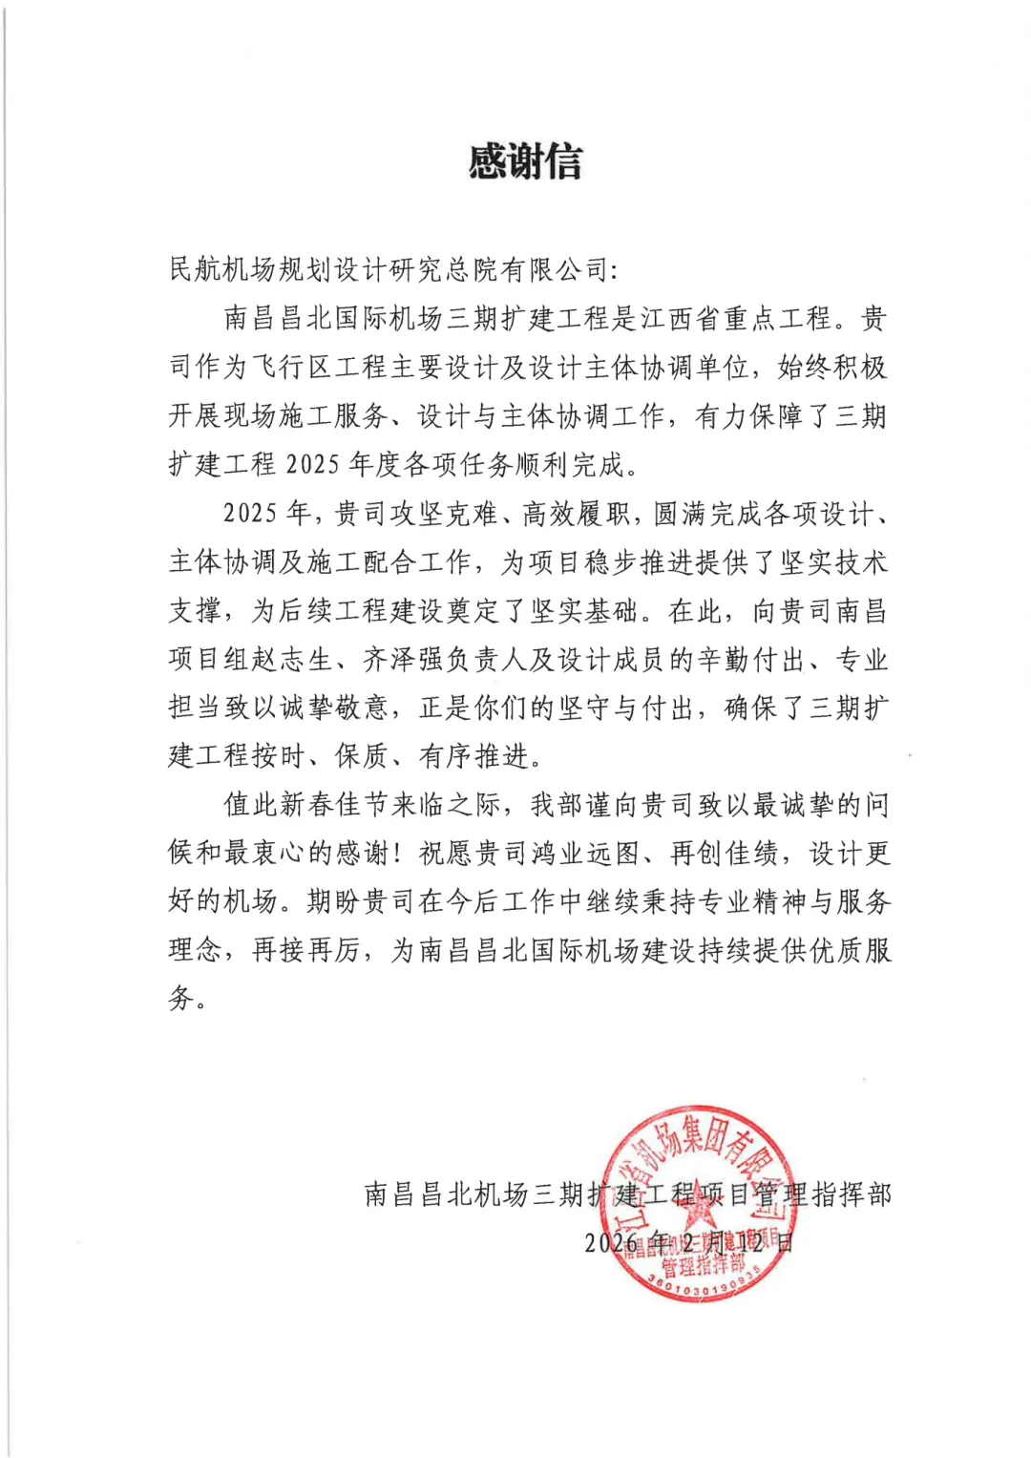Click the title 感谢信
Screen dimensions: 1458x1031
524,161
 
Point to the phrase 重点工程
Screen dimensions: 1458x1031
777,319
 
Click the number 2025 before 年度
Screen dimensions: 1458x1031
312,465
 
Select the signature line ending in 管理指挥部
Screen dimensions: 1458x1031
627,1194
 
